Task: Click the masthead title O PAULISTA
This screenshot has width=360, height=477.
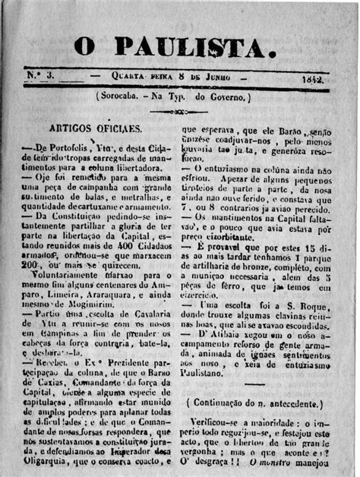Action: pyautogui.click(x=174, y=49)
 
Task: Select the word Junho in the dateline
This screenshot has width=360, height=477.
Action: pyautogui.click(x=216, y=77)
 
